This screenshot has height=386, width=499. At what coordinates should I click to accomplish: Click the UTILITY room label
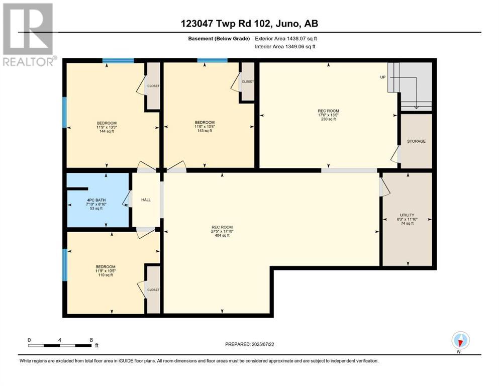[407, 215]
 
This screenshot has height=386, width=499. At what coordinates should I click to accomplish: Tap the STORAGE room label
[416, 141]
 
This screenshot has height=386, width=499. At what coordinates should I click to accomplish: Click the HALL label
[146, 200]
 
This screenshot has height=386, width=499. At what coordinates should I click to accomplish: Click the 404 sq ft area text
[222, 235]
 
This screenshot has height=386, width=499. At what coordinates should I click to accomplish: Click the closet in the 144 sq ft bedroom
[153, 86]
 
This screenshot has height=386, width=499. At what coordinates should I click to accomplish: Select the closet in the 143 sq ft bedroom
[247, 81]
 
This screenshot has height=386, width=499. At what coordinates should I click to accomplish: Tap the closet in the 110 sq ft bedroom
[153, 290]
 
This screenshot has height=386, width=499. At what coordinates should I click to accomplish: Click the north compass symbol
[460, 341]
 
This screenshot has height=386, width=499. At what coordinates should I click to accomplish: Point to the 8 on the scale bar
[90, 340]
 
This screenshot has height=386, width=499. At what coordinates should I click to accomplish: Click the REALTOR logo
[29, 34]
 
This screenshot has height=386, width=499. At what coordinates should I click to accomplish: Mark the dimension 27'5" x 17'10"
[222, 231]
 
